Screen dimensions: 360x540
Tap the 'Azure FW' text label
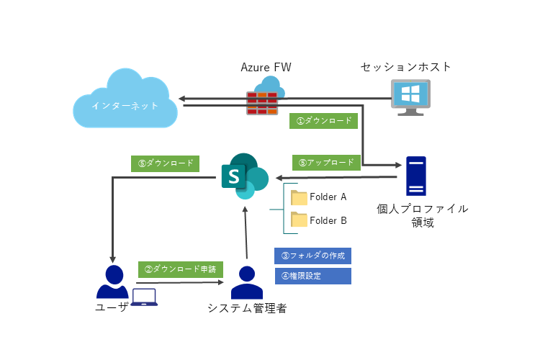(x=266, y=67)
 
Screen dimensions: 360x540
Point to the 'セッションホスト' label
(x=406, y=67)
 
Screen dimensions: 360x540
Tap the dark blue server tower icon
(x=415, y=176)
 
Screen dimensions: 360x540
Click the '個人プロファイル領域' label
(x=422, y=215)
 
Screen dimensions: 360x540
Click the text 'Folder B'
(x=328, y=220)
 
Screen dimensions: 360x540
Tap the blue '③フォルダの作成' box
(x=312, y=256)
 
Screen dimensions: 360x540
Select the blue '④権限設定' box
(x=312, y=276)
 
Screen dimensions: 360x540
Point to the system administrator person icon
(x=247, y=282)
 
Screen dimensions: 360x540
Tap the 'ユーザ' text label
(x=112, y=307)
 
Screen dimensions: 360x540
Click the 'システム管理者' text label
(x=247, y=308)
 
